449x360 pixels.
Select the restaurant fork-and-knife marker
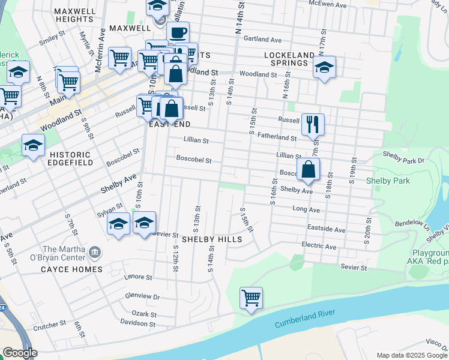coord(313,125)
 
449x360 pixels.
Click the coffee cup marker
coord(177,33)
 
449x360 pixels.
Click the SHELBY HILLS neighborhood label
coord(212,239)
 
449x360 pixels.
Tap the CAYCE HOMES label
coord(71,269)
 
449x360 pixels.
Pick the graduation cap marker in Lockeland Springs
coord(324,67)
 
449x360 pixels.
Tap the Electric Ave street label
coord(319,246)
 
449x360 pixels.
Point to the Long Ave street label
coord(306,209)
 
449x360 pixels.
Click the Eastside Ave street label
coord(326,230)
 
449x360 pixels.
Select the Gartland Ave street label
coord(262,40)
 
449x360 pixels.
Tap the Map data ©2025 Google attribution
coord(412,355)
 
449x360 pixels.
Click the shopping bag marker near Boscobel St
coord(308,169)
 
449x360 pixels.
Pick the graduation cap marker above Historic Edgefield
coord(33,145)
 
